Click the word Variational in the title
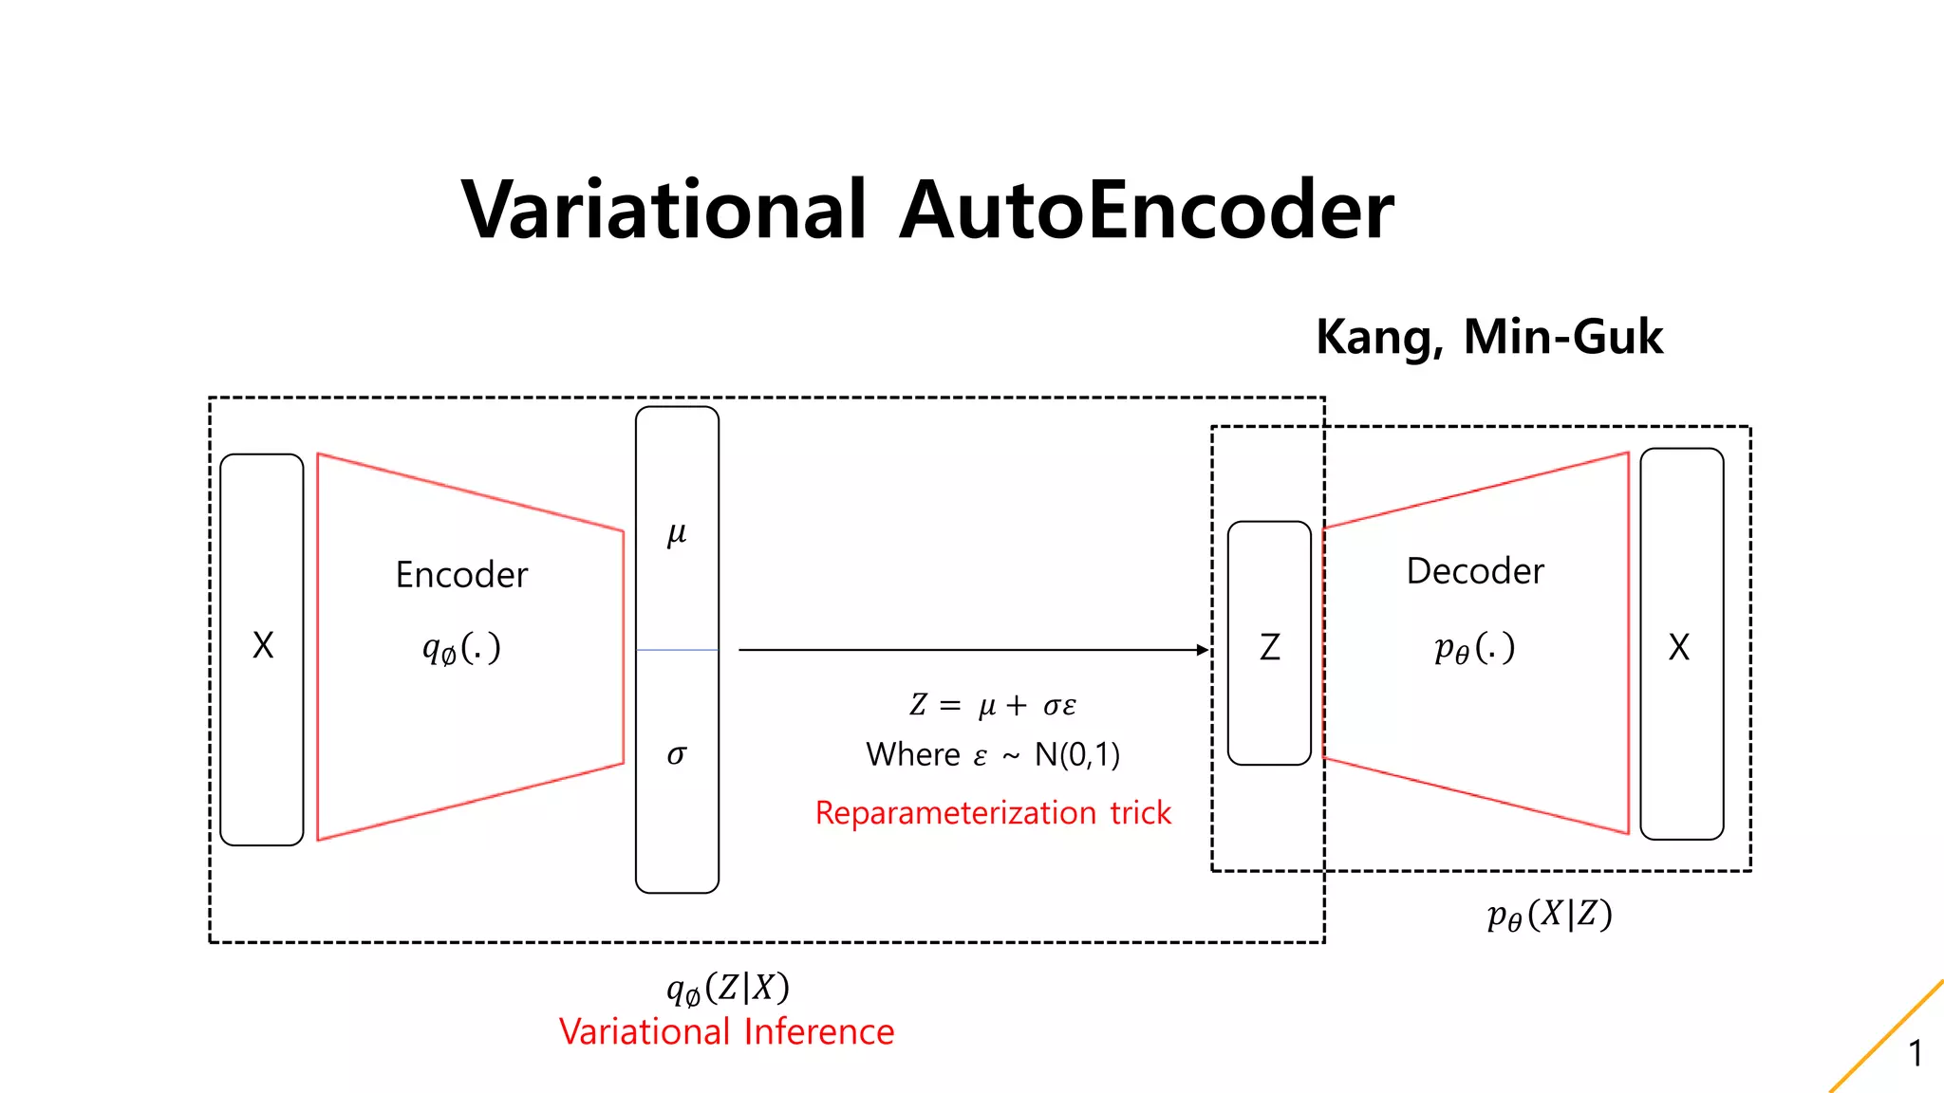(x=663, y=211)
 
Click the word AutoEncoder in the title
(x=1147, y=211)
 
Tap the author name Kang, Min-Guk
(x=1488, y=337)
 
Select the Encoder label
(x=461, y=575)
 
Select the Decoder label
(x=1475, y=571)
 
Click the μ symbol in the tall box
(x=677, y=534)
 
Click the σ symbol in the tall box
(x=677, y=755)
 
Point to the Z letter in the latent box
(x=1269, y=647)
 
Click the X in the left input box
(x=263, y=646)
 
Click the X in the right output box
(x=1679, y=647)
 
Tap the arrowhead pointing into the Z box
(x=1203, y=650)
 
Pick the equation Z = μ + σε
(x=993, y=705)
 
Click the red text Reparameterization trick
(x=993, y=813)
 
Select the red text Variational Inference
(x=726, y=1032)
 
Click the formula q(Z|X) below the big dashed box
(x=728, y=989)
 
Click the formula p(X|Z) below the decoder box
(x=1549, y=915)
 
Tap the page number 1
(x=1916, y=1053)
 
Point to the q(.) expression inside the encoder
(x=461, y=649)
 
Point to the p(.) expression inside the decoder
(x=1474, y=648)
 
